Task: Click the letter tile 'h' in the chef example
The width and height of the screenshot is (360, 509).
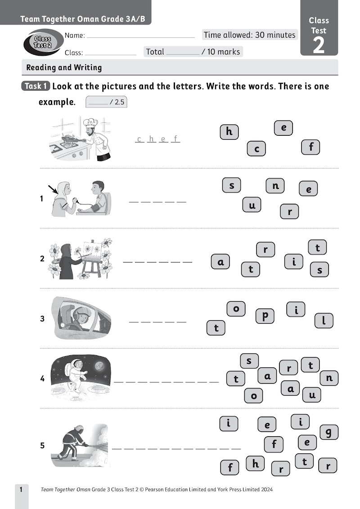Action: click(229, 131)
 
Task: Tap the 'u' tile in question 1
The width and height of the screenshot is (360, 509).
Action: click(252, 205)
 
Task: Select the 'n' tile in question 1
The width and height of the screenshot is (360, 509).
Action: click(275, 186)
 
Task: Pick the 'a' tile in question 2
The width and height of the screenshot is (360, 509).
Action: click(220, 262)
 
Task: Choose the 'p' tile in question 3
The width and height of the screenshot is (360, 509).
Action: click(265, 316)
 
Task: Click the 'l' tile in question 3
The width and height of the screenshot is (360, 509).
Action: click(324, 321)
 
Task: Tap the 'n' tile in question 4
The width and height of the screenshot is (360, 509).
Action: click(329, 378)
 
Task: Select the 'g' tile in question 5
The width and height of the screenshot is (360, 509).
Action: click(329, 433)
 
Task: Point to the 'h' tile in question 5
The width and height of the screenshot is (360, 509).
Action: click(255, 464)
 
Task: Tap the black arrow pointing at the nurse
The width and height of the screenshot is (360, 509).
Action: click(52, 190)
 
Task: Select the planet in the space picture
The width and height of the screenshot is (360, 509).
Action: click(99, 366)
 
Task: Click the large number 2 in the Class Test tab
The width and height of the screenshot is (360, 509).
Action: click(319, 45)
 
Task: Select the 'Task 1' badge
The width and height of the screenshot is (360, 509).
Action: click(36, 86)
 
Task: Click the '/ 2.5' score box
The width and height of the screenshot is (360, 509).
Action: click(106, 102)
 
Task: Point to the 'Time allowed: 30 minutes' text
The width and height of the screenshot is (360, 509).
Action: click(250, 35)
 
